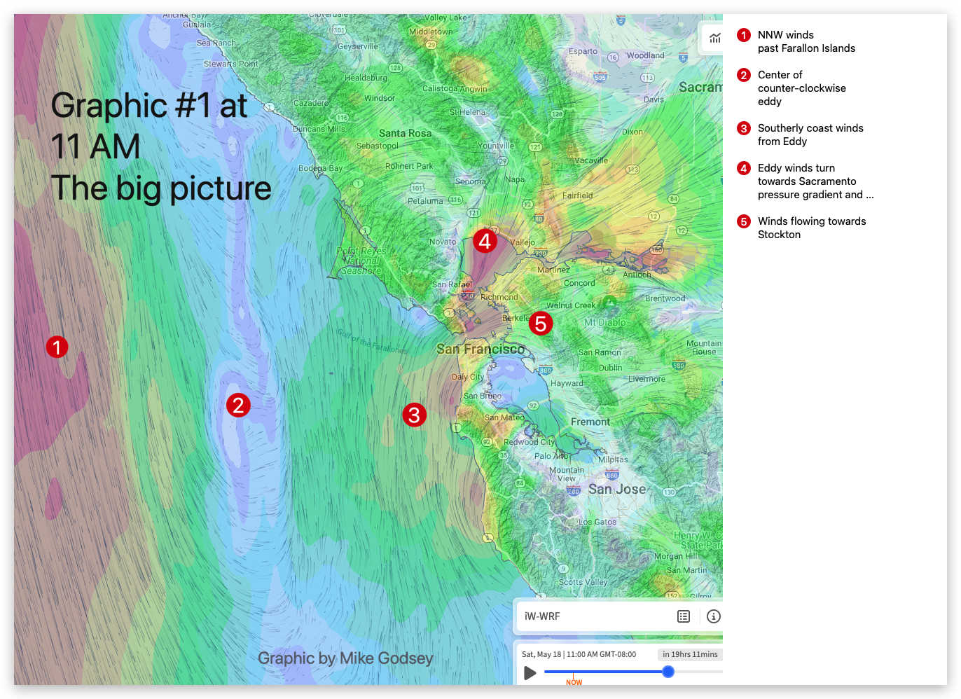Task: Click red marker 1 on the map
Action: tap(57, 347)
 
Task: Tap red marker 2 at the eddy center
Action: tap(238, 405)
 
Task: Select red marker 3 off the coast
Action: tap(414, 415)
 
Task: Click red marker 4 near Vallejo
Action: tap(485, 241)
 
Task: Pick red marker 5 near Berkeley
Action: tap(541, 324)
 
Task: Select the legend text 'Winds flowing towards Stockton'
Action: tap(811, 228)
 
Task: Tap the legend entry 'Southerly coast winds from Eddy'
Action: tap(810, 134)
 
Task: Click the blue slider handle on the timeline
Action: tap(668, 672)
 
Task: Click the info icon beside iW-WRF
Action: tap(714, 616)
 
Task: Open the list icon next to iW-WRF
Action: tap(684, 616)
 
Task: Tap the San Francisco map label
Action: tap(480, 349)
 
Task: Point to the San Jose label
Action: tap(616, 489)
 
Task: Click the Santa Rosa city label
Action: tap(405, 133)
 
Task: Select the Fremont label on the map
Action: tap(590, 422)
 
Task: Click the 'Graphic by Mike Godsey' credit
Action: tap(345, 658)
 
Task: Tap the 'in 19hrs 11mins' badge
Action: tap(690, 654)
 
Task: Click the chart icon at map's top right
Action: tap(714, 38)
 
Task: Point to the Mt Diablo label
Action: tap(605, 322)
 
